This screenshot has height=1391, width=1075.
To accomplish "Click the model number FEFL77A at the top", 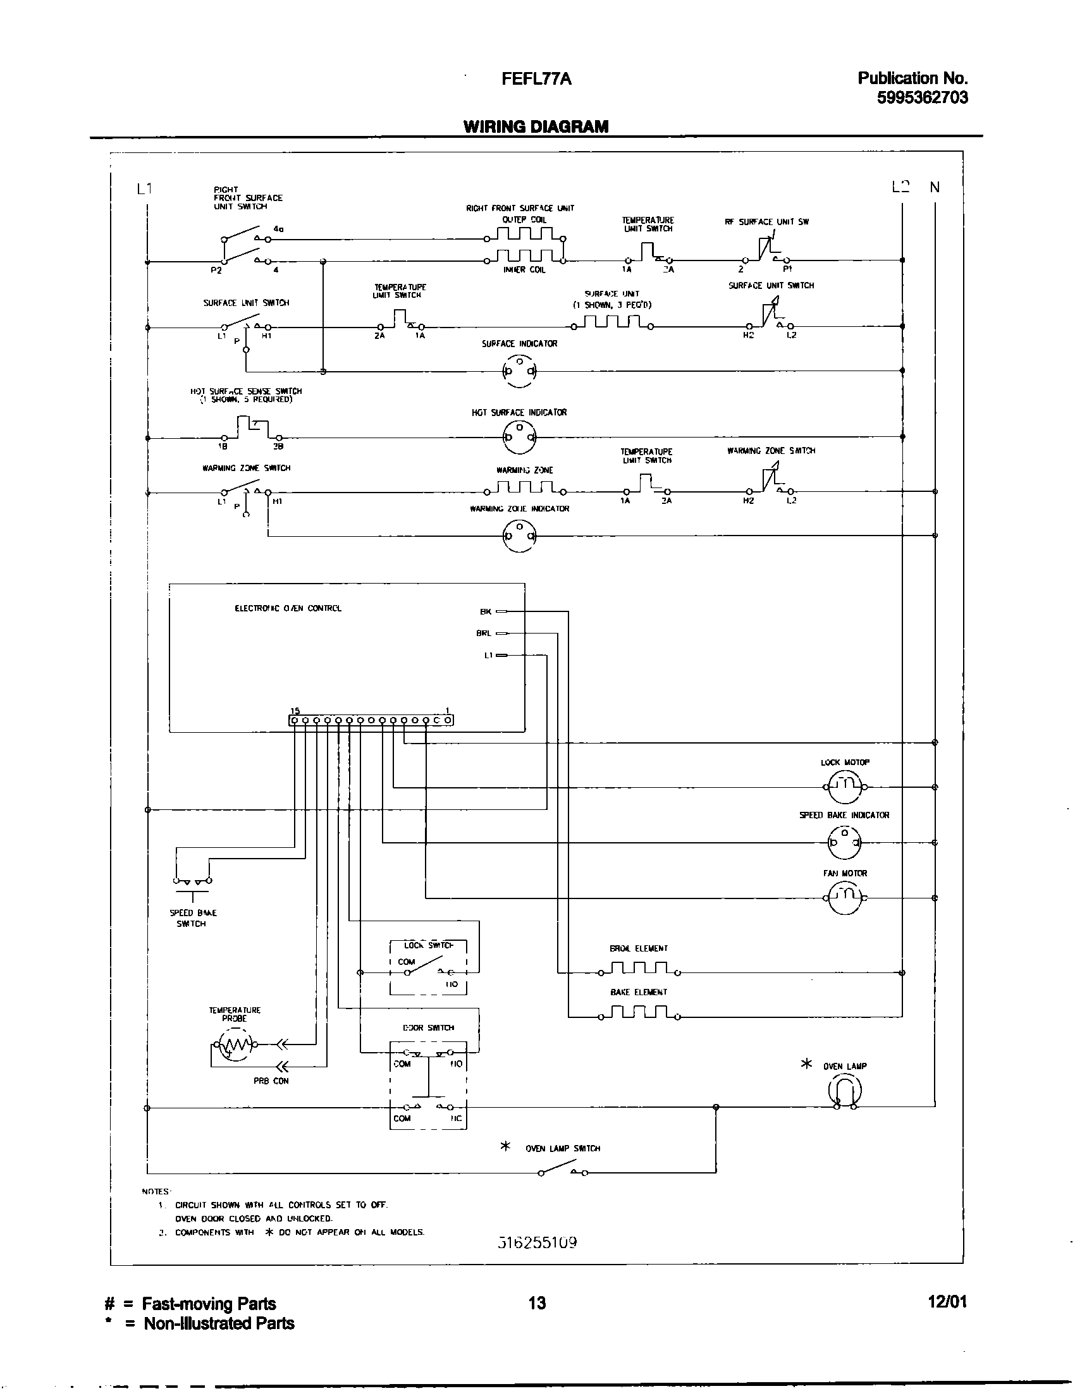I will (536, 79).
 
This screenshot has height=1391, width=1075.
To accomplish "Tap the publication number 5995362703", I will (922, 97).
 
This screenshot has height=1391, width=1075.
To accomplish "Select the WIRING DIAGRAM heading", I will (536, 126).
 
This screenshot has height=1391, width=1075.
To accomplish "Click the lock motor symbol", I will (844, 787).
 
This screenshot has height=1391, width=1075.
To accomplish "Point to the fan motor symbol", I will (844, 898).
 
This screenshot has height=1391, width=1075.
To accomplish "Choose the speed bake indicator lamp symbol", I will (844, 843).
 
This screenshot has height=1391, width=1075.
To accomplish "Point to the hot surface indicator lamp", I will (520, 437).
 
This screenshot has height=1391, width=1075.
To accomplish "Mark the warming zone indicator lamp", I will (520, 536).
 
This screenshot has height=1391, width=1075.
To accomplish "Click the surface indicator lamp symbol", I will (520, 371).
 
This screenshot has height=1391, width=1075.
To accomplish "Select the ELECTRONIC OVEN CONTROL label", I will (288, 608).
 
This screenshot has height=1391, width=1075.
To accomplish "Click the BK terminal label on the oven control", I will (486, 611).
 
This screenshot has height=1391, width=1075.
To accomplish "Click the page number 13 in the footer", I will (537, 1303).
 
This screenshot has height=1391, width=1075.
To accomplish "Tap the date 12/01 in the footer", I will (948, 1302).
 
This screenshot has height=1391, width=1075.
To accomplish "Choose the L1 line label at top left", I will (145, 188).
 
